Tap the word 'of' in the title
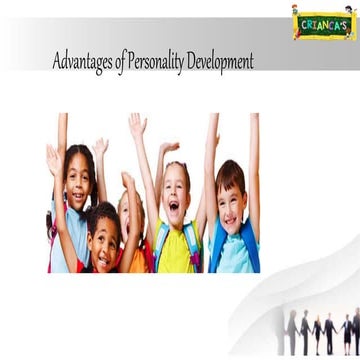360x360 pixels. [x=121, y=63]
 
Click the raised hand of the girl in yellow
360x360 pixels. [x=136, y=123]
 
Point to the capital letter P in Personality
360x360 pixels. [x=130, y=62]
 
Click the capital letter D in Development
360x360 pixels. [x=197, y=62]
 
